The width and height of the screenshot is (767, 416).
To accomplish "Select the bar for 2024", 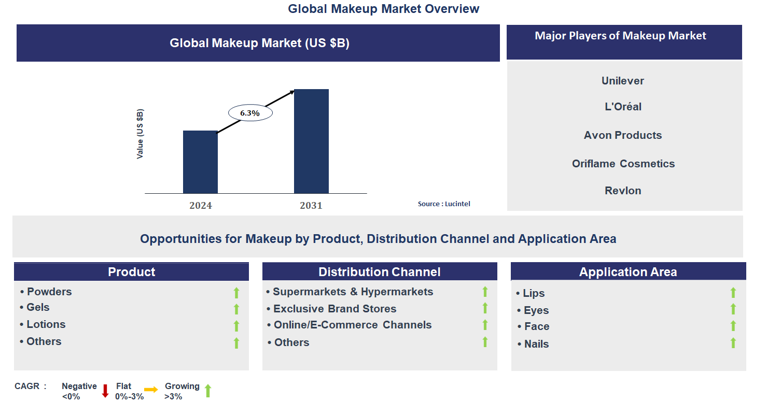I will [200, 162].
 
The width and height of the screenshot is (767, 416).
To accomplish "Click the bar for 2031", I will [311, 141].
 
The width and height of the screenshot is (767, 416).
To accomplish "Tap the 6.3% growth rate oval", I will [250, 112].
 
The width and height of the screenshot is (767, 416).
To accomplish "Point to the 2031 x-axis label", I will [311, 206].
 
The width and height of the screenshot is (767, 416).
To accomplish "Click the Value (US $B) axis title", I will [140, 134].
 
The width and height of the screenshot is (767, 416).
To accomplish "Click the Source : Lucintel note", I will [444, 204].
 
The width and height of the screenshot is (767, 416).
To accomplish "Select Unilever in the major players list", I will [623, 81].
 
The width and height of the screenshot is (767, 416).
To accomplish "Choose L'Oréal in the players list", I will [623, 107].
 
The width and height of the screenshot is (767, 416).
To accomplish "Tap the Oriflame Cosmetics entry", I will [623, 164].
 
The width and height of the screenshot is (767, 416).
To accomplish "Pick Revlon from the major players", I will [623, 191].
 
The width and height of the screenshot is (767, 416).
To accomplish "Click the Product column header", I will [131, 272].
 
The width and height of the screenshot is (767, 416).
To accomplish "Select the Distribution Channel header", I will [379, 272].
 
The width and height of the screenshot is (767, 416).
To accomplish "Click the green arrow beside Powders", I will [236, 293].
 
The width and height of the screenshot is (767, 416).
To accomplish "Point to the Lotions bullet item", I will [46, 325].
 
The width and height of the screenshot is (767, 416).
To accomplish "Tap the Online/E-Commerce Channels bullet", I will [352, 325].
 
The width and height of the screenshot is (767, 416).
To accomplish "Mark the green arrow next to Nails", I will [733, 343].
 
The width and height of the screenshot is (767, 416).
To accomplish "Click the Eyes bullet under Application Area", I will [536, 310].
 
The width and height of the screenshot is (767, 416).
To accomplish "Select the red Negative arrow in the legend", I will [105, 391].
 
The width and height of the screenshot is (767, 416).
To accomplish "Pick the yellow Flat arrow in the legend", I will [151, 390].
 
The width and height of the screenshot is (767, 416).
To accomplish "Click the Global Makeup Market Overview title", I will [384, 9].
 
